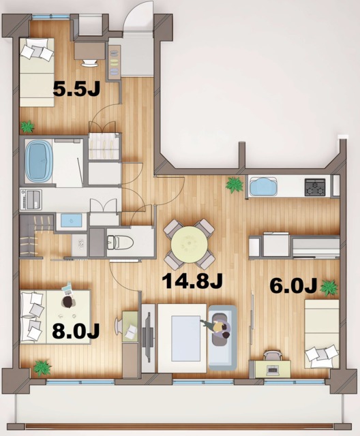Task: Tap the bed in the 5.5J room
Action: point(37,72)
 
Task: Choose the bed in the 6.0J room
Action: point(321,334)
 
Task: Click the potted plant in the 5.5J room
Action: point(27,126)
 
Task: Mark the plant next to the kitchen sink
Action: point(235,184)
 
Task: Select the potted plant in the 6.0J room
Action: point(329,287)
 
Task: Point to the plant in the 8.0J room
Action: point(42,368)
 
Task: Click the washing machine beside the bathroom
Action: point(31,199)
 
